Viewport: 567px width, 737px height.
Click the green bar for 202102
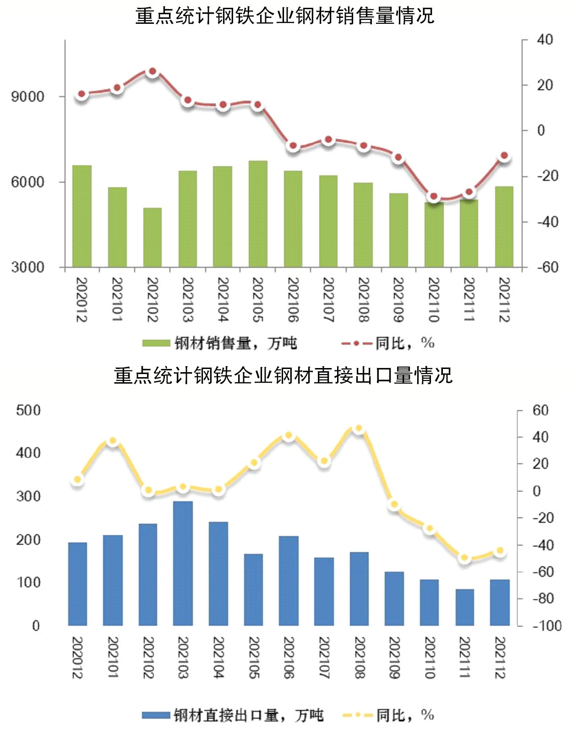click(153, 237)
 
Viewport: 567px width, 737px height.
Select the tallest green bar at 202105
click(258, 213)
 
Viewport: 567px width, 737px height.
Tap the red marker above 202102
click(153, 71)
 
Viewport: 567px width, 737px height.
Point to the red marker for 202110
click(433, 197)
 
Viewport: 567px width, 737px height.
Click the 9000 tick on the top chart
click(28, 97)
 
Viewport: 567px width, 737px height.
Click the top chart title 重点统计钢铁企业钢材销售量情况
click(284, 16)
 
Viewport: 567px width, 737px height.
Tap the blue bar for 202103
click(183, 563)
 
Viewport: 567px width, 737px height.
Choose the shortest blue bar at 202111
click(464, 607)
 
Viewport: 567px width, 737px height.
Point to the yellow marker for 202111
click(464, 558)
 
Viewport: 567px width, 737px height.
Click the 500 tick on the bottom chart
click(28, 410)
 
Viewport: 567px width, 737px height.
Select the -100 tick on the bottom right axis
click(546, 625)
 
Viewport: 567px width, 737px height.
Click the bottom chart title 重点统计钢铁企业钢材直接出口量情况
click(283, 375)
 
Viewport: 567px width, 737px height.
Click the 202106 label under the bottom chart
click(289, 657)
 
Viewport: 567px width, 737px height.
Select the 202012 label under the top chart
click(82, 299)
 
